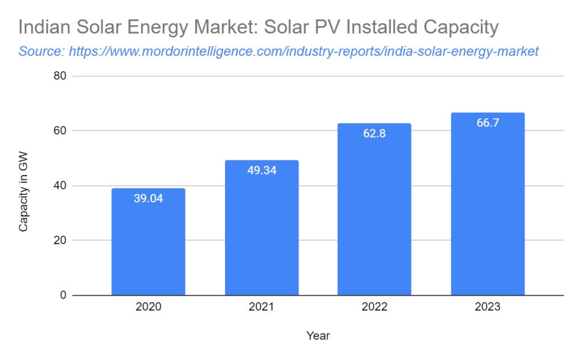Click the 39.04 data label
coord(148,198)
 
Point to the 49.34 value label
coord(261,170)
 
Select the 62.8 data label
coord(374,134)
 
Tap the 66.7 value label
coord(488,123)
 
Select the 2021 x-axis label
coord(261,307)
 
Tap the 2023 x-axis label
coord(488,307)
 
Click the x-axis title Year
coord(318,336)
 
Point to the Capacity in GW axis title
coord(23,190)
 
